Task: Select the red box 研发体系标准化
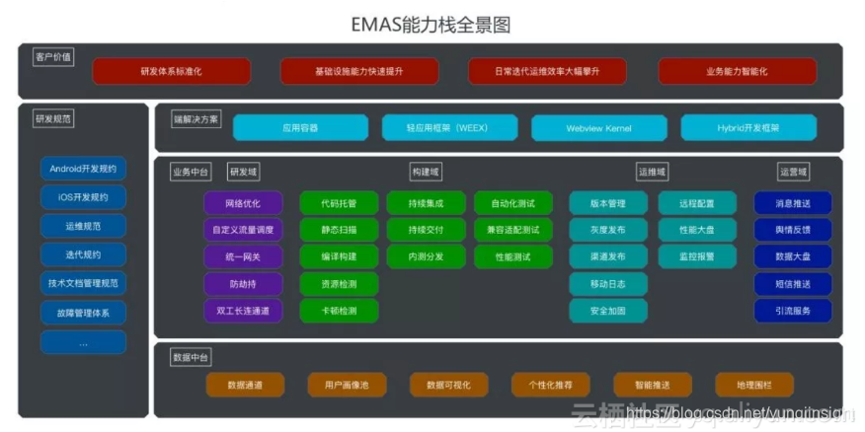point(172,72)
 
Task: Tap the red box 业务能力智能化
point(737,72)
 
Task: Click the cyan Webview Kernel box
point(599,128)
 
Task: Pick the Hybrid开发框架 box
point(748,128)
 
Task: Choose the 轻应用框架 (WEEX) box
point(449,128)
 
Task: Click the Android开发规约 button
point(83,169)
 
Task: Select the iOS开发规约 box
point(83,197)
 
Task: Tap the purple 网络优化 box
point(243,203)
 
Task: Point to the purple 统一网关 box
point(243,256)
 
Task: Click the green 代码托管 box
point(339,203)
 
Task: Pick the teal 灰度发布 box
point(607,230)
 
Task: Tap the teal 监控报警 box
point(697,256)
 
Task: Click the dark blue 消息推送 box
point(793,203)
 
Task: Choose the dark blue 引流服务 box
point(793,311)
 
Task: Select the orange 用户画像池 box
point(341,385)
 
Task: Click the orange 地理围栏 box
point(748,385)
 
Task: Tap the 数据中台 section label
point(191,357)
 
